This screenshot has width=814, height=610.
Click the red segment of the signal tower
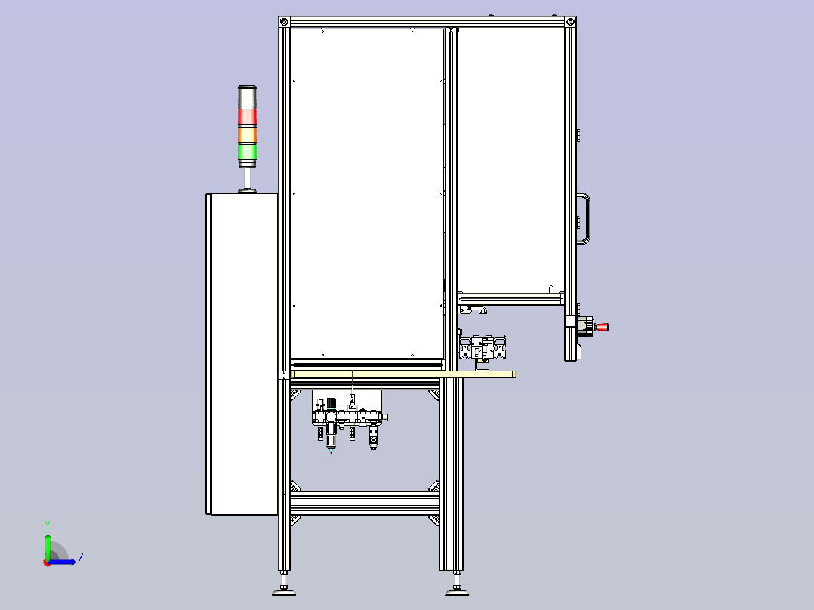[247, 117]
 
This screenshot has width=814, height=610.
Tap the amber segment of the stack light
[247, 135]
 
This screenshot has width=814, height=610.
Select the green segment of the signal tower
[247, 152]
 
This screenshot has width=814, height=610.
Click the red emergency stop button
[603, 327]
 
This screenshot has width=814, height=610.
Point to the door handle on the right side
[585, 218]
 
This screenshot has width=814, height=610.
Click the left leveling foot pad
[284, 591]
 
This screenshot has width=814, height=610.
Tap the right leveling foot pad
[457, 591]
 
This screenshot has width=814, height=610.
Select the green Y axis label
[48, 525]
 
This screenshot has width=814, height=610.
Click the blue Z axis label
[81, 558]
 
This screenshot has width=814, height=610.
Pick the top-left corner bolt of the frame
[283, 22]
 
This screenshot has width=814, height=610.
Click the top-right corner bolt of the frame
[571, 22]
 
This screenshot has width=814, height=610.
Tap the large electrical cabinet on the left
[242, 353]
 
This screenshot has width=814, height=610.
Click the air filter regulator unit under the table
[349, 421]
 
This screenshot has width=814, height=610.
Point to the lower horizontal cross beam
[365, 503]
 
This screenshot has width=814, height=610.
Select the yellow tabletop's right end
[514, 374]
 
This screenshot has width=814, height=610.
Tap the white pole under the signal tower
[247, 178]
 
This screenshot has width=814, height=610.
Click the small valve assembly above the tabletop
[483, 349]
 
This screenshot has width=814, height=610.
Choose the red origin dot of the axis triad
[48, 562]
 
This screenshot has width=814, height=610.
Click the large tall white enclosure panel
[368, 193]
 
